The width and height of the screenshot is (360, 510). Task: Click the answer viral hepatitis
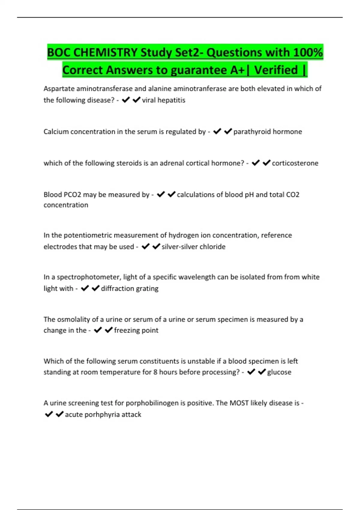(x=163, y=100)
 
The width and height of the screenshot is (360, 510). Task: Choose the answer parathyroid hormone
(x=268, y=132)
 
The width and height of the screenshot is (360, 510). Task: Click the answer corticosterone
(x=295, y=163)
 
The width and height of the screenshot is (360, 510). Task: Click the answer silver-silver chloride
(x=193, y=247)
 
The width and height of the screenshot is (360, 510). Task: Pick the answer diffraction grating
(x=130, y=288)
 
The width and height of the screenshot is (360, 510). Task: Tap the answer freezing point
(x=136, y=330)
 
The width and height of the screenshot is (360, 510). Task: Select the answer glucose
(x=279, y=372)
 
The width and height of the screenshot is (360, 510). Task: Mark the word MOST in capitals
(x=239, y=403)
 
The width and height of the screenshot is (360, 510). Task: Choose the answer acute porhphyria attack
(x=103, y=414)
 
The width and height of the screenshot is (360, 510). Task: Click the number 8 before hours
(x=155, y=372)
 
